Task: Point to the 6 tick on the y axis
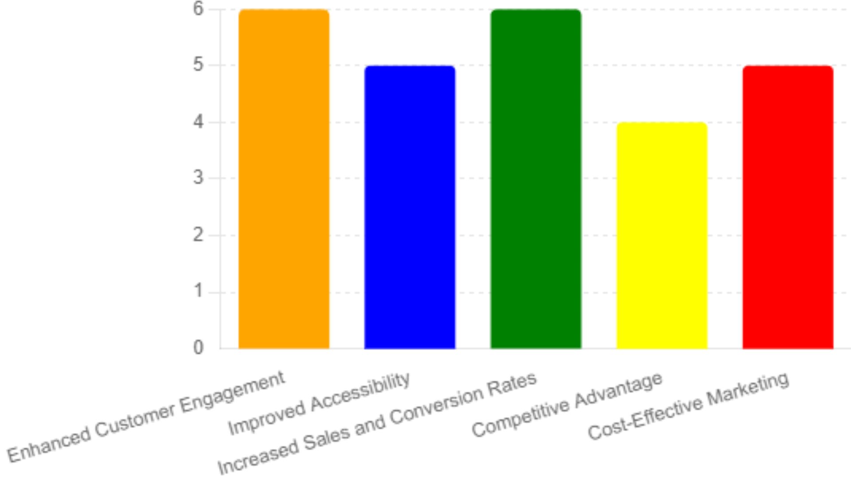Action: click(x=198, y=8)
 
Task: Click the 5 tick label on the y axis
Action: click(x=198, y=65)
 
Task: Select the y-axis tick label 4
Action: click(x=198, y=122)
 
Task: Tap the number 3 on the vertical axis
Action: click(x=198, y=178)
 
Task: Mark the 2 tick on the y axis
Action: click(x=198, y=235)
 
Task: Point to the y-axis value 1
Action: click(x=198, y=292)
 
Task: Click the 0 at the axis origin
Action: click(x=198, y=348)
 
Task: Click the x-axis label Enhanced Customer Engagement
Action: click(x=146, y=417)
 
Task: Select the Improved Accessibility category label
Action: click(x=319, y=403)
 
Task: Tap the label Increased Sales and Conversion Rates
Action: click(x=377, y=423)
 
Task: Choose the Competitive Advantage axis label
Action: click(x=567, y=404)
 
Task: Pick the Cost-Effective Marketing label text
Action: click(x=688, y=406)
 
